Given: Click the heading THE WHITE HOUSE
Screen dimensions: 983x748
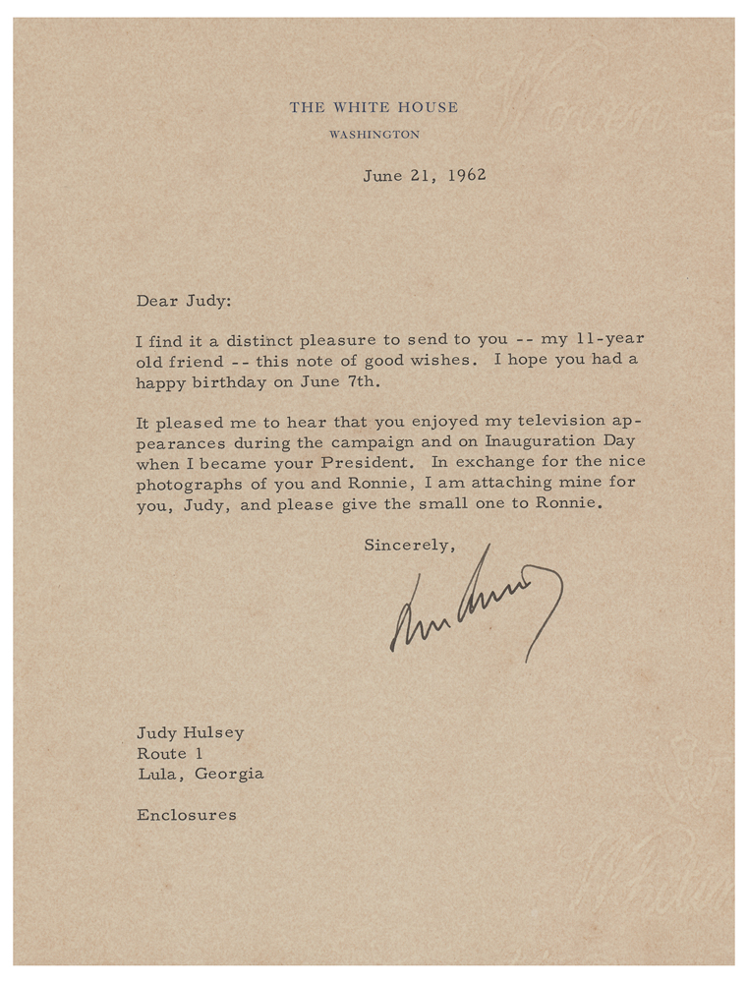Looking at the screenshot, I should [374, 107].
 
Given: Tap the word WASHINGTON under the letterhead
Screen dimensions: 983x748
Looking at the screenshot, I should [374, 135].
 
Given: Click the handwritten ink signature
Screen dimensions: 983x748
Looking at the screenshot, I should [477, 602].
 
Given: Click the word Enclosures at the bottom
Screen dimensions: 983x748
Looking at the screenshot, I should [187, 815].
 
